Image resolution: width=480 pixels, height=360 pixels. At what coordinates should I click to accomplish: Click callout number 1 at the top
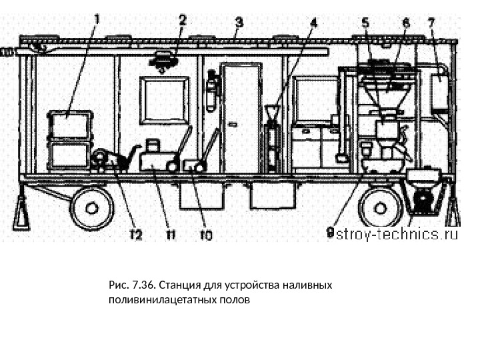[x=98, y=19]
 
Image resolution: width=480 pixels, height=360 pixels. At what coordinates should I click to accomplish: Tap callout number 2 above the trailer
[x=182, y=21]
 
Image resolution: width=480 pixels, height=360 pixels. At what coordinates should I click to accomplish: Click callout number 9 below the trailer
[x=329, y=233]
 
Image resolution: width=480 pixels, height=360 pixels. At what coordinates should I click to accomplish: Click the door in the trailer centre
[x=239, y=118]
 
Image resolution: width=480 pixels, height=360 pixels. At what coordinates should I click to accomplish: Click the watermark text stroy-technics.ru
[x=399, y=234]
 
